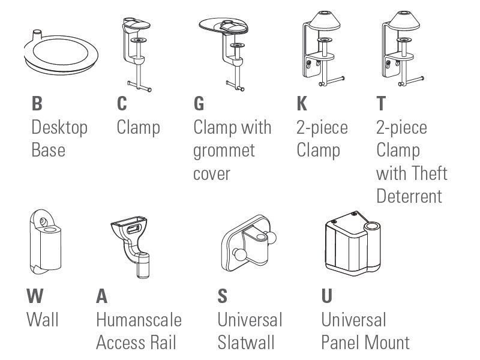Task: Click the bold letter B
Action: (x=37, y=103)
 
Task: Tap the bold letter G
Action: (x=199, y=103)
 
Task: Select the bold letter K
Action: (x=302, y=103)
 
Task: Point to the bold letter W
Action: (x=35, y=296)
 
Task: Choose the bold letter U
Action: (x=327, y=296)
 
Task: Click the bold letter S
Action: (x=223, y=296)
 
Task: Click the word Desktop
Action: (x=59, y=128)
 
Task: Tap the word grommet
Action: (x=224, y=151)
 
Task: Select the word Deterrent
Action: (x=409, y=196)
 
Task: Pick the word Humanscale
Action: (x=139, y=320)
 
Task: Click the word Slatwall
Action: (x=246, y=343)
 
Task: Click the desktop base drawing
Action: (x=61, y=53)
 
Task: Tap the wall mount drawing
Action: (x=46, y=242)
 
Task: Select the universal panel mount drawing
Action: (x=353, y=244)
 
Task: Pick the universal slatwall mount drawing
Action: (x=248, y=244)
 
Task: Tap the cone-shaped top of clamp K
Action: (x=325, y=20)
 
